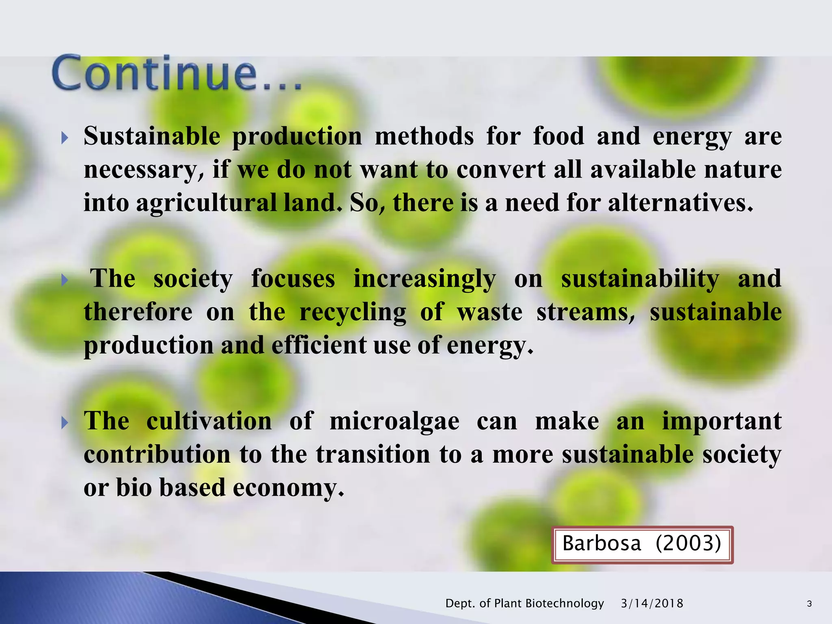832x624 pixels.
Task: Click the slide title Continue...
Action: pos(177,73)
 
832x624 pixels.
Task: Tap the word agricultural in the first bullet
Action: pos(206,203)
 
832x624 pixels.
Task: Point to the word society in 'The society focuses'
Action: pos(193,279)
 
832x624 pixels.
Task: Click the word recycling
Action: pos(353,312)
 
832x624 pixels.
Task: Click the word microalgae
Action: pos(394,421)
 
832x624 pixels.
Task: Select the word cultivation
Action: pos(209,421)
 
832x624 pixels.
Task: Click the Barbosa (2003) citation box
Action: pos(642,544)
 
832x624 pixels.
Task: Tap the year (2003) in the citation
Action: pos(688,544)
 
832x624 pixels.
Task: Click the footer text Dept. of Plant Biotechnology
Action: pos(524,603)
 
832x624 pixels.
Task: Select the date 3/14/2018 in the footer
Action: pos(652,603)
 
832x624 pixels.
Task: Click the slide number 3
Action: pos(809,604)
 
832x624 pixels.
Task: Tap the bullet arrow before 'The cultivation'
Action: pos(64,423)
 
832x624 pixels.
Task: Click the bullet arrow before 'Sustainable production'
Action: pos(64,138)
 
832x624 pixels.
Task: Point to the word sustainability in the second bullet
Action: pos(640,279)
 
